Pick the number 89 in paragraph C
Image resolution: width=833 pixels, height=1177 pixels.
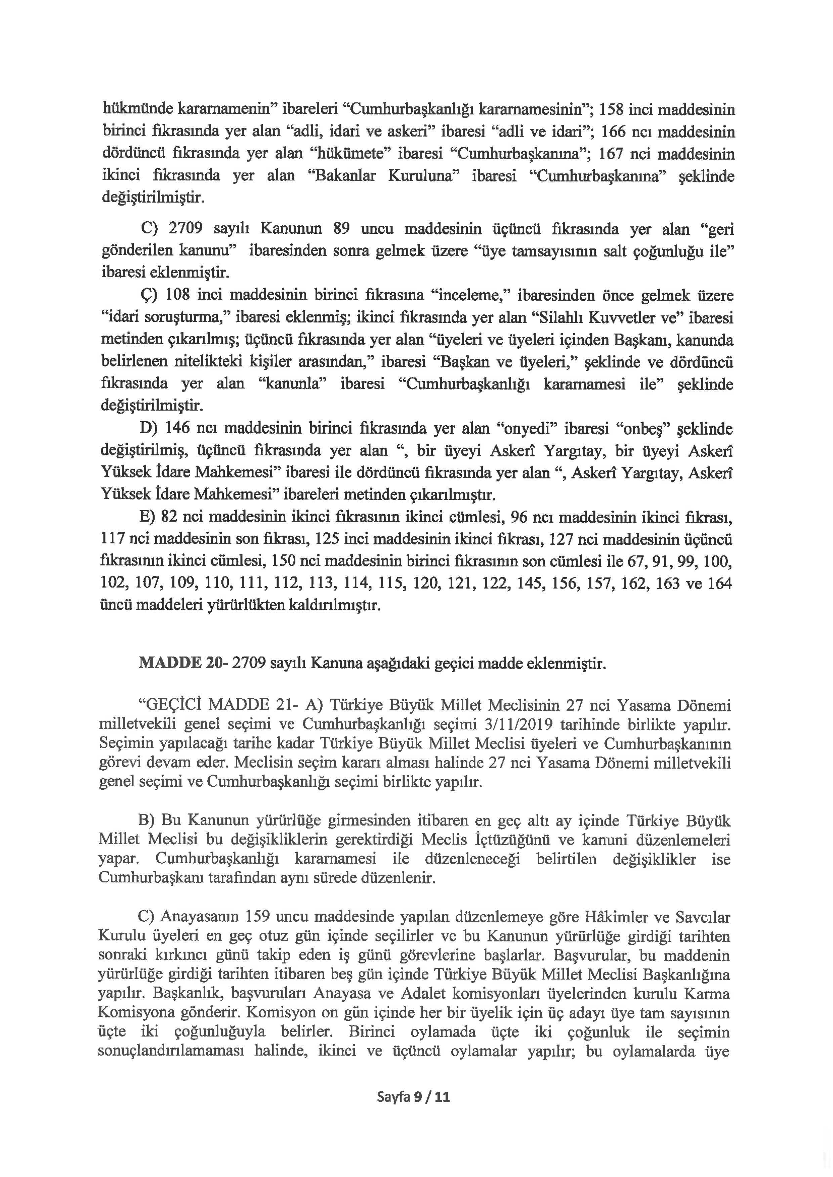341,229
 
